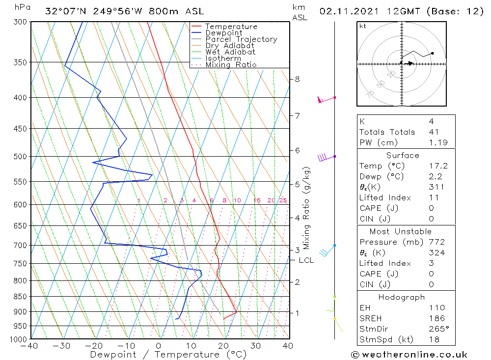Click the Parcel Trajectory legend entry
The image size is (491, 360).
tap(241, 39)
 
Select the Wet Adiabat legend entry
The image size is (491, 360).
tap(230, 52)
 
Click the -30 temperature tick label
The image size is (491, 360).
tap(62, 346)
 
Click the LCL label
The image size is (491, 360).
tap(306, 260)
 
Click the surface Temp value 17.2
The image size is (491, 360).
tap(438, 166)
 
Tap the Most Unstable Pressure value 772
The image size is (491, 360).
tap(436, 242)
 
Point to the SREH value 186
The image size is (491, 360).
tap(436, 318)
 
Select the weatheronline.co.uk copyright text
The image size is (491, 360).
tap(409, 354)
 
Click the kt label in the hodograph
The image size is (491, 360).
tap(362, 26)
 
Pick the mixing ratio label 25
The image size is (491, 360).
tap(283, 200)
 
